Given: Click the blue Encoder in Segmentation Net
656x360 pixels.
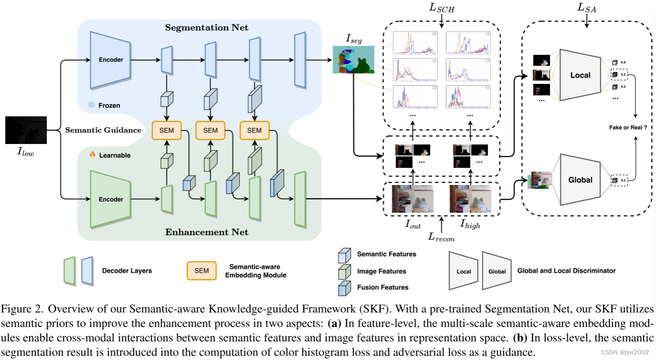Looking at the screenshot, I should pyautogui.click(x=111, y=60).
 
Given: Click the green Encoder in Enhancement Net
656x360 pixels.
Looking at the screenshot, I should pyautogui.click(x=111, y=199).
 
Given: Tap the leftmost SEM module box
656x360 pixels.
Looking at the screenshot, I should pyautogui.click(x=166, y=130).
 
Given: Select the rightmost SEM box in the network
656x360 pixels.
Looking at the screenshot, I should pyautogui.click(x=254, y=130).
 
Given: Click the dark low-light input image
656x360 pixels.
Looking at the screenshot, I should pyautogui.click(x=26, y=130).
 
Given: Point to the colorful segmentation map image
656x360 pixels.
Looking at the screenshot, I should pyautogui.click(x=354, y=60).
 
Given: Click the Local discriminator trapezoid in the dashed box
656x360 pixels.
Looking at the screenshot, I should pyautogui.click(x=580, y=75).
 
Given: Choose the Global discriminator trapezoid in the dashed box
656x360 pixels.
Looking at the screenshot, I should pyautogui.click(x=580, y=180).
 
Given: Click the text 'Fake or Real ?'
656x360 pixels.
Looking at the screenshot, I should pyautogui.click(x=624, y=127).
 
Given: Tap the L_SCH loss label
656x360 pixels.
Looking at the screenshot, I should pyautogui.click(x=442, y=8).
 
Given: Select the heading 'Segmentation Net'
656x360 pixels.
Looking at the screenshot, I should pyautogui.click(x=207, y=28).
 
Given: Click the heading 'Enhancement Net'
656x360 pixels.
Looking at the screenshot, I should pyautogui.click(x=207, y=232).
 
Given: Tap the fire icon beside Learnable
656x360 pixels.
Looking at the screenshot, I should pyautogui.click(x=93, y=155).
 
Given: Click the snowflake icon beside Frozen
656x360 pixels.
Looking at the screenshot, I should pyautogui.click(x=92, y=104).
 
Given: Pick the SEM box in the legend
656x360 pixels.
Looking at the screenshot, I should pyautogui.click(x=201, y=271).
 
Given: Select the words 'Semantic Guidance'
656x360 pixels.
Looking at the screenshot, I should pyautogui.click(x=103, y=130).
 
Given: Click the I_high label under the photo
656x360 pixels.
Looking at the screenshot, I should pyautogui.click(x=470, y=225).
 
